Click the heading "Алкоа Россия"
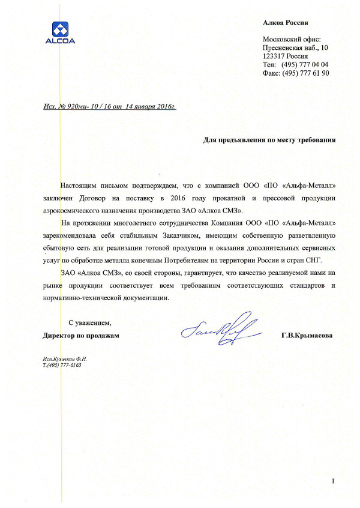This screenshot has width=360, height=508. [286, 23]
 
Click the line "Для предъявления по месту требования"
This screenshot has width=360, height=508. [269, 140]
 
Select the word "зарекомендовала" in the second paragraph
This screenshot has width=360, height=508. [70, 236]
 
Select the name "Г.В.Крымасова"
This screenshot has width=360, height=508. [307, 336]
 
